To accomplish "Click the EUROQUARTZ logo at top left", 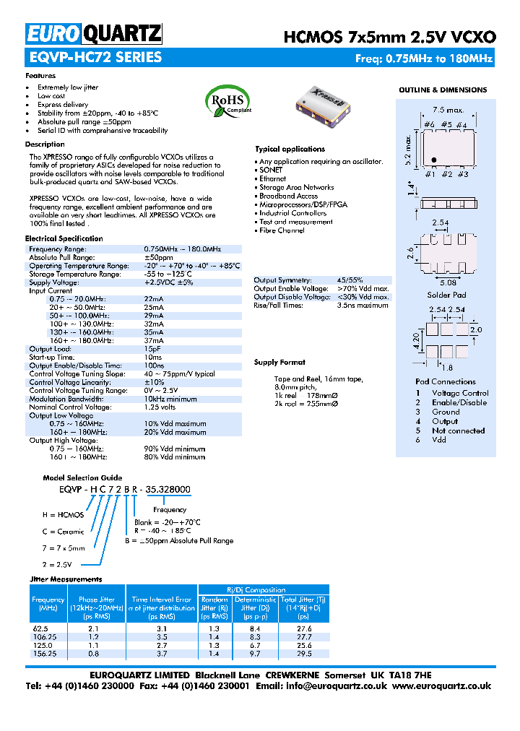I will click(x=94, y=33).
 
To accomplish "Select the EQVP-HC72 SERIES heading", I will click(x=94, y=58).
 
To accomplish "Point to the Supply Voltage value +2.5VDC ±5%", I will click(x=168, y=282).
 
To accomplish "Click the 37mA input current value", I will click(x=154, y=340).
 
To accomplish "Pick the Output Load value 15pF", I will click(x=152, y=349).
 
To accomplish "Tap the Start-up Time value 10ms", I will click(x=153, y=357).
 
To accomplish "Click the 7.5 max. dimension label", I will click(x=448, y=110).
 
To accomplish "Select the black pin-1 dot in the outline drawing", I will click(x=433, y=160).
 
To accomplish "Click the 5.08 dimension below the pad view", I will click(x=447, y=282).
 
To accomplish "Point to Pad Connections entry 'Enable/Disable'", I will click(x=459, y=402).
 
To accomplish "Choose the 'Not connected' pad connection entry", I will click(x=459, y=431).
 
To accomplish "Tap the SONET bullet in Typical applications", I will click(x=271, y=170).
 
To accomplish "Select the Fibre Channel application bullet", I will click(x=282, y=230).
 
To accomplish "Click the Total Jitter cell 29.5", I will click(x=304, y=653).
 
